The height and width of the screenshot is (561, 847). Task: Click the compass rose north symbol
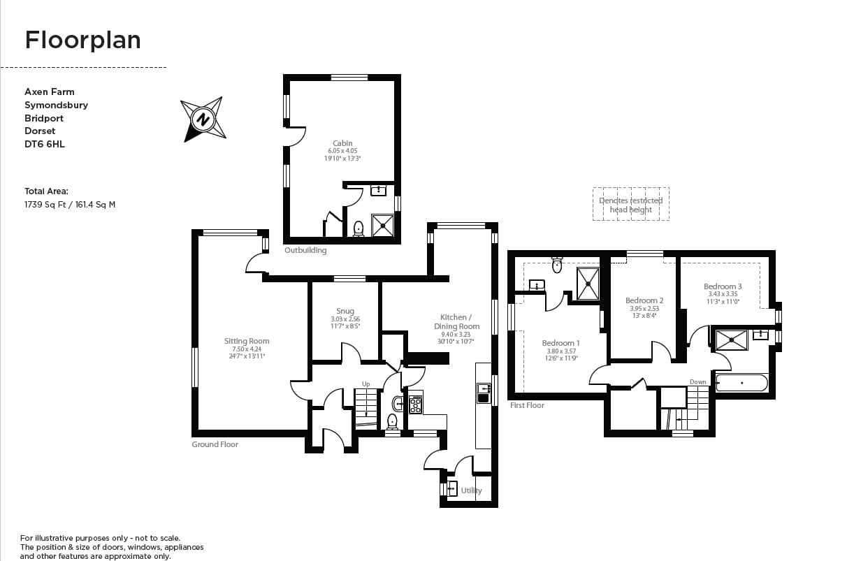(x=203, y=119)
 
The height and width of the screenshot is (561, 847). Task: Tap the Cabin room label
(x=342, y=144)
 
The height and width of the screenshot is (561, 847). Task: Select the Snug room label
(x=345, y=311)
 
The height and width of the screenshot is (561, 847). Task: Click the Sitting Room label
(x=247, y=342)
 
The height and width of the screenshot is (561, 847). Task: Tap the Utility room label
(x=471, y=490)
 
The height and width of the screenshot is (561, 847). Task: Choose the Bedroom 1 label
(x=560, y=343)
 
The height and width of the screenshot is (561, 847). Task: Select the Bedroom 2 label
(x=644, y=300)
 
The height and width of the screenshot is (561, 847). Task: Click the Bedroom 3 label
(x=723, y=286)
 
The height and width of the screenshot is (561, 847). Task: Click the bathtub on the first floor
(x=741, y=383)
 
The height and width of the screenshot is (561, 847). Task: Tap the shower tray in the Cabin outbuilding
(x=382, y=225)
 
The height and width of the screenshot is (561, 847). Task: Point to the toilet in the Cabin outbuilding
(x=359, y=228)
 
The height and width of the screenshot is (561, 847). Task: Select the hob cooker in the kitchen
(x=415, y=405)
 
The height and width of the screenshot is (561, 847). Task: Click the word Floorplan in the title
(x=82, y=41)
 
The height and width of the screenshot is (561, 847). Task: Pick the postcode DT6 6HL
(x=45, y=144)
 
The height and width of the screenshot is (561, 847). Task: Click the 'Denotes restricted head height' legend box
(x=631, y=204)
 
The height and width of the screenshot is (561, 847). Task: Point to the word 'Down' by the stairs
(x=697, y=382)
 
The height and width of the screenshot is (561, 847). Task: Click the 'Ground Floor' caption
(x=215, y=444)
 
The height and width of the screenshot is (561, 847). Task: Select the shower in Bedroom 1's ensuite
(x=588, y=283)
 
